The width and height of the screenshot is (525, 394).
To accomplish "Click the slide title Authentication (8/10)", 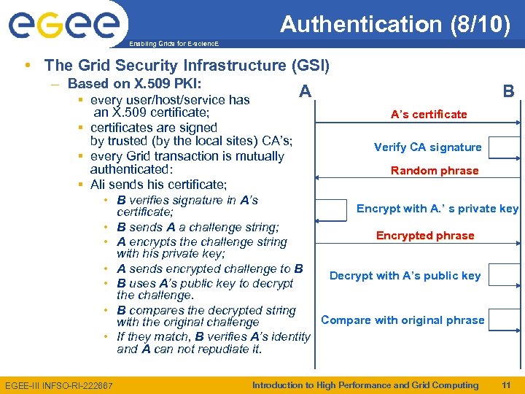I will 395,25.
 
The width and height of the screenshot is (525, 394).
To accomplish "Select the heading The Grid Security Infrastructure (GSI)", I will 187,66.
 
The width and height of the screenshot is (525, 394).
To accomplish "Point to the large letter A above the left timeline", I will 306,92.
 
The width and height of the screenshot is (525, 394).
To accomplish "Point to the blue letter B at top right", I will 508,92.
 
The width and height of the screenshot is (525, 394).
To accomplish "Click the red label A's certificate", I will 429,115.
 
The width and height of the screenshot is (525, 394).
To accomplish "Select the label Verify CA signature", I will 427,147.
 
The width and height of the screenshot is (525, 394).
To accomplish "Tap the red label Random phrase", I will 435,171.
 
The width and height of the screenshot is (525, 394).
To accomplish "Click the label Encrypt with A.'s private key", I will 437,209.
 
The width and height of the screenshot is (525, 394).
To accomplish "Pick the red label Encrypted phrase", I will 425,236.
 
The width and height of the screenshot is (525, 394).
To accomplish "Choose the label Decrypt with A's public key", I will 405,276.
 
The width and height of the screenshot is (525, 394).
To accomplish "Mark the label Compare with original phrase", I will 402,320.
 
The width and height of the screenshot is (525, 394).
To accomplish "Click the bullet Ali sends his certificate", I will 158,185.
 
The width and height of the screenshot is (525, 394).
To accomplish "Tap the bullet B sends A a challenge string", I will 198,227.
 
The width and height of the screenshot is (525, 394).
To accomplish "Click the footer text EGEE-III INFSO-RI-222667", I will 58,385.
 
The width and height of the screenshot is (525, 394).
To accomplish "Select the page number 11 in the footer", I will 506,385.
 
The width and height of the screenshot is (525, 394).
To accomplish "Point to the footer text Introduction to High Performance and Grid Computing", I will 365,385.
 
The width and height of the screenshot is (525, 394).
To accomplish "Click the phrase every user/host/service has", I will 170,100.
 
